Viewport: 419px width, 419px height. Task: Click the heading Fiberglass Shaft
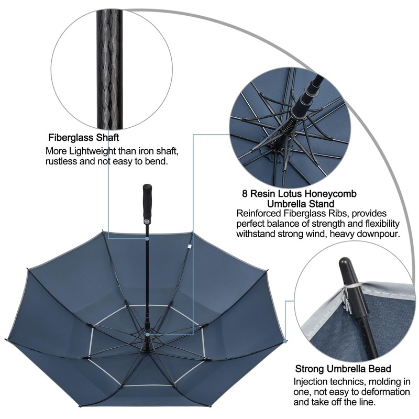tap(84, 138)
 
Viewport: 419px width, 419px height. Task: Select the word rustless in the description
tap(63, 162)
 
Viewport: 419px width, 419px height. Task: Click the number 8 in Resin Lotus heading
tap(245, 193)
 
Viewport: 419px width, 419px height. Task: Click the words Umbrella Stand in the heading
tap(301, 203)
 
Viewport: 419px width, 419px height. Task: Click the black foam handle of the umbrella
tap(147, 202)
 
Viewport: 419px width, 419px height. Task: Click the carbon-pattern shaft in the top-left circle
tap(111, 68)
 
